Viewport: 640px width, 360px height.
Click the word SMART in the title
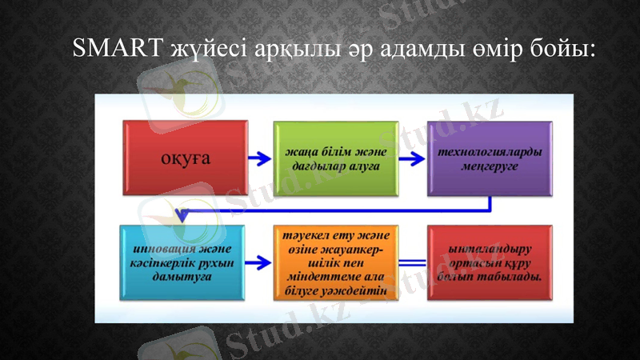tap(118, 50)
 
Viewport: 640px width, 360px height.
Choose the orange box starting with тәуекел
tap(335, 262)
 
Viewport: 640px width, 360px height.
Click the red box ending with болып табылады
tap(490, 262)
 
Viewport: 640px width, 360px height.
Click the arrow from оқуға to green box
tap(260, 158)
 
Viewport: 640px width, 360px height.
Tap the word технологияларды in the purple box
tap(490, 151)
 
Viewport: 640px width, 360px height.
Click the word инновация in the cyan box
tap(156, 248)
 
